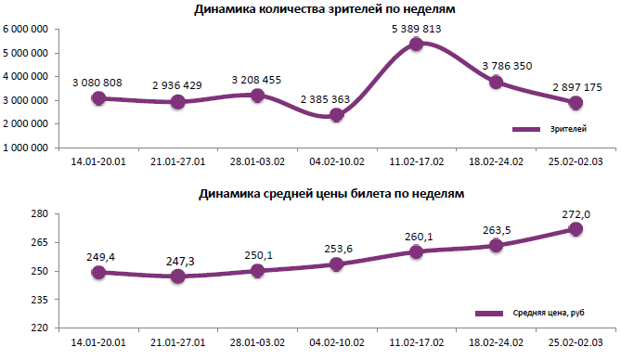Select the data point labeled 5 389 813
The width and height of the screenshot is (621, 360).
(417, 44)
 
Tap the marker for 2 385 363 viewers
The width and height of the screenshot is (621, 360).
(337, 115)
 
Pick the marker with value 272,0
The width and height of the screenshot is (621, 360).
(576, 229)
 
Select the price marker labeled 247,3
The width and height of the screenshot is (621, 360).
(178, 276)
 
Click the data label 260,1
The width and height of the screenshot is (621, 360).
(418, 236)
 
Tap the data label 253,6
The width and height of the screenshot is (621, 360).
(337, 249)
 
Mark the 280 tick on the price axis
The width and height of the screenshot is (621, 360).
(38, 214)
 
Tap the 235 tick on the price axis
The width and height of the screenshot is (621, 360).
(38, 300)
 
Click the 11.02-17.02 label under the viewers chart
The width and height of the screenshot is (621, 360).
(417, 162)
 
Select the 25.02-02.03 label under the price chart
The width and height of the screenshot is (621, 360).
(576, 343)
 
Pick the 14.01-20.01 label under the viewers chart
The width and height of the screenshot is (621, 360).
(98, 162)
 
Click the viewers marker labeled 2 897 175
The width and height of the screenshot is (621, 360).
(576, 103)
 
